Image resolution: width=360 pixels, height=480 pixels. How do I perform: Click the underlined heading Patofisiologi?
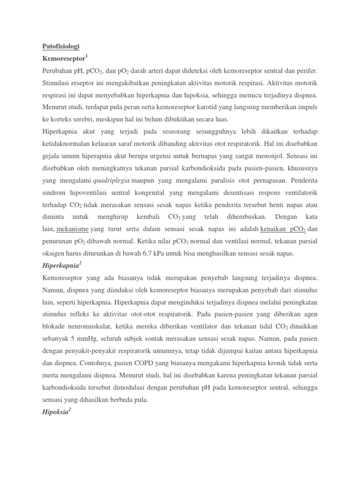(x=59, y=46)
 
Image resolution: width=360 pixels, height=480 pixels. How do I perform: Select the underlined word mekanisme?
(x=73, y=229)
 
